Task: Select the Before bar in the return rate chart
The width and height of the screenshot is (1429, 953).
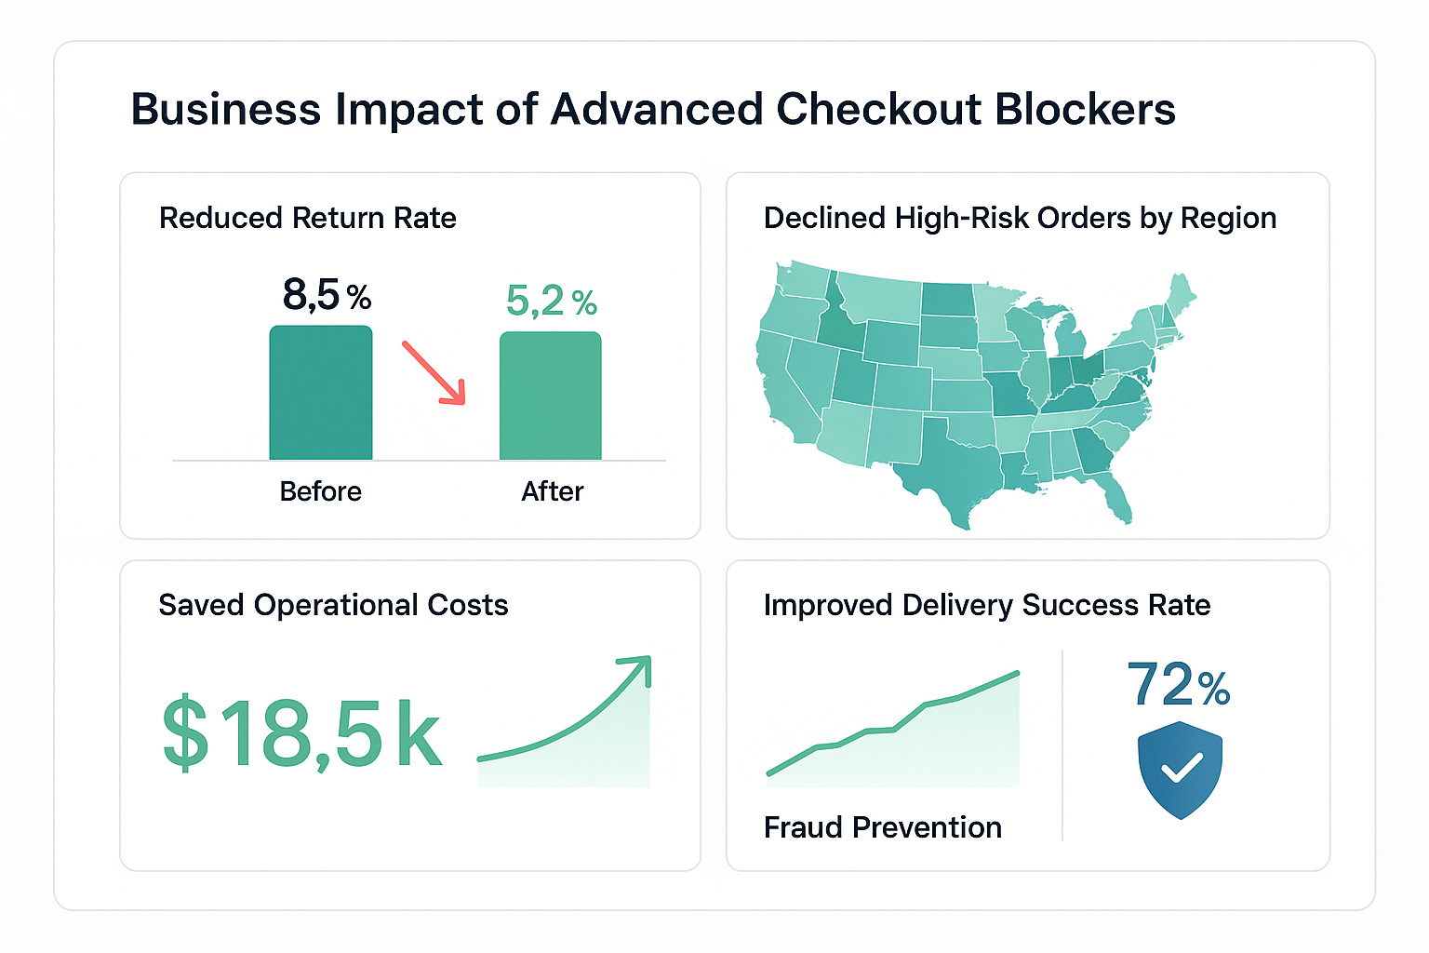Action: (321, 393)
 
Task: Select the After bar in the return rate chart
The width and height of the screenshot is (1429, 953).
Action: (551, 396)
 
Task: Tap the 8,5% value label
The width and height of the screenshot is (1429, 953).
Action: (327, 295)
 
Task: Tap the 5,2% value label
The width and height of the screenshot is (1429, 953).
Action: (551, 301)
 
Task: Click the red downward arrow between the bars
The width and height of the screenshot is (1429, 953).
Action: (434, 372)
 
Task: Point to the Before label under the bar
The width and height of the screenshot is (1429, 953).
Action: (320, 491)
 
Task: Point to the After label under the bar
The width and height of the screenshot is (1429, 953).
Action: (552, 491)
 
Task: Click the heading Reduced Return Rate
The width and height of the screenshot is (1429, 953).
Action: (307, 218)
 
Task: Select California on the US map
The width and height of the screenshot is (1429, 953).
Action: (783, 391)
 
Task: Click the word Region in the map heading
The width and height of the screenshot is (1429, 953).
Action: (1228, 218)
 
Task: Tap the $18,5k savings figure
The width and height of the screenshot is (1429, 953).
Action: (301, 734)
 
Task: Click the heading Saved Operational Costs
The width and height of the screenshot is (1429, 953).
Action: (333, 605)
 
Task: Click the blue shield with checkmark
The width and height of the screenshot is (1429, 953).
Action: (1180, 769)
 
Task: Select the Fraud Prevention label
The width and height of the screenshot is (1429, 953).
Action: (882, 826)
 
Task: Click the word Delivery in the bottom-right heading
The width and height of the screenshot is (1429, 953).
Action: (957, 605)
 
